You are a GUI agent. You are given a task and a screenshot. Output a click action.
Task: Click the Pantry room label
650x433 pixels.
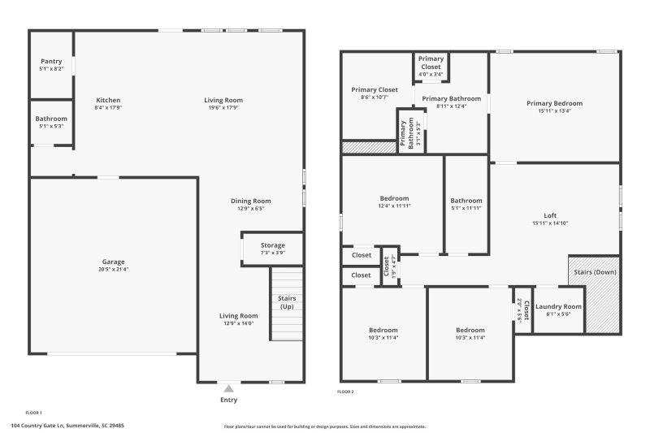click(51, 61)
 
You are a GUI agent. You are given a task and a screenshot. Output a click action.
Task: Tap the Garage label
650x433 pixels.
click(113, 262)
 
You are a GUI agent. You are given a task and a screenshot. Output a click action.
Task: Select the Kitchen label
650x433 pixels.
click(108, 101)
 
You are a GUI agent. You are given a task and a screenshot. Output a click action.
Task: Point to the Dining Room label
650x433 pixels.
click(250, 201)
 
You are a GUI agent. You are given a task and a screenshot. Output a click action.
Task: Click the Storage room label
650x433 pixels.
click(273, 245)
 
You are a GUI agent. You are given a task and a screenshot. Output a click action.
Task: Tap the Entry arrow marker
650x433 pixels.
click(229, 389)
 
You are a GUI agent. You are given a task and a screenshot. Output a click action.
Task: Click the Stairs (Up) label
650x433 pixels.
click(287, 302)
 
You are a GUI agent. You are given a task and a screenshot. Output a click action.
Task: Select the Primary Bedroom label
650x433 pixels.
click(554, 103)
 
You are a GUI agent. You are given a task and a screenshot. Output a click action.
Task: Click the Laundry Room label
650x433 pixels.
click(558, 306)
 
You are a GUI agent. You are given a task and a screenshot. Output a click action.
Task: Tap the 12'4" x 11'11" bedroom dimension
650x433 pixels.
click(394, 206)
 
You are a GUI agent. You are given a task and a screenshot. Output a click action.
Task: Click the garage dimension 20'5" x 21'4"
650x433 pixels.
click(113, 269)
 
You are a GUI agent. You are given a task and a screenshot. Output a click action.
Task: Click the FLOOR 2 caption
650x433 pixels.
click(345, 392)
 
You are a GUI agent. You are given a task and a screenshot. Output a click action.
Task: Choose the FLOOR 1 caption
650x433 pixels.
click(34, 413)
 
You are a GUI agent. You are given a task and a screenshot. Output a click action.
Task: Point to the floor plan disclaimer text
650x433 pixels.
click(324, 426)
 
